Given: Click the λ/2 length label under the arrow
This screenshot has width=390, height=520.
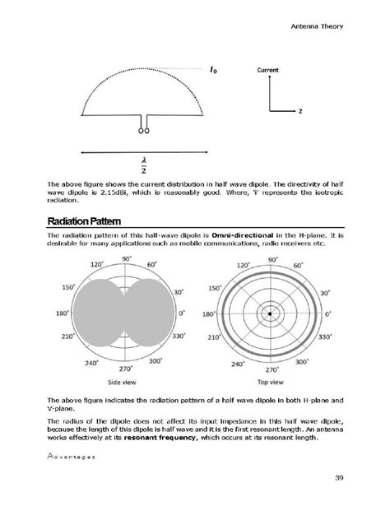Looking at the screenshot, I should (x=143, y=164).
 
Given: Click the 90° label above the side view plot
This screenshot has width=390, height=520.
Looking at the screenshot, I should (x=127, y=258).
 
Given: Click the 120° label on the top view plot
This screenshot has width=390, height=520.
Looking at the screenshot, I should (x=244, y=266).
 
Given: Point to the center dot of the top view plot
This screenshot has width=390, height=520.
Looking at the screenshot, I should (x=269, y=313).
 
